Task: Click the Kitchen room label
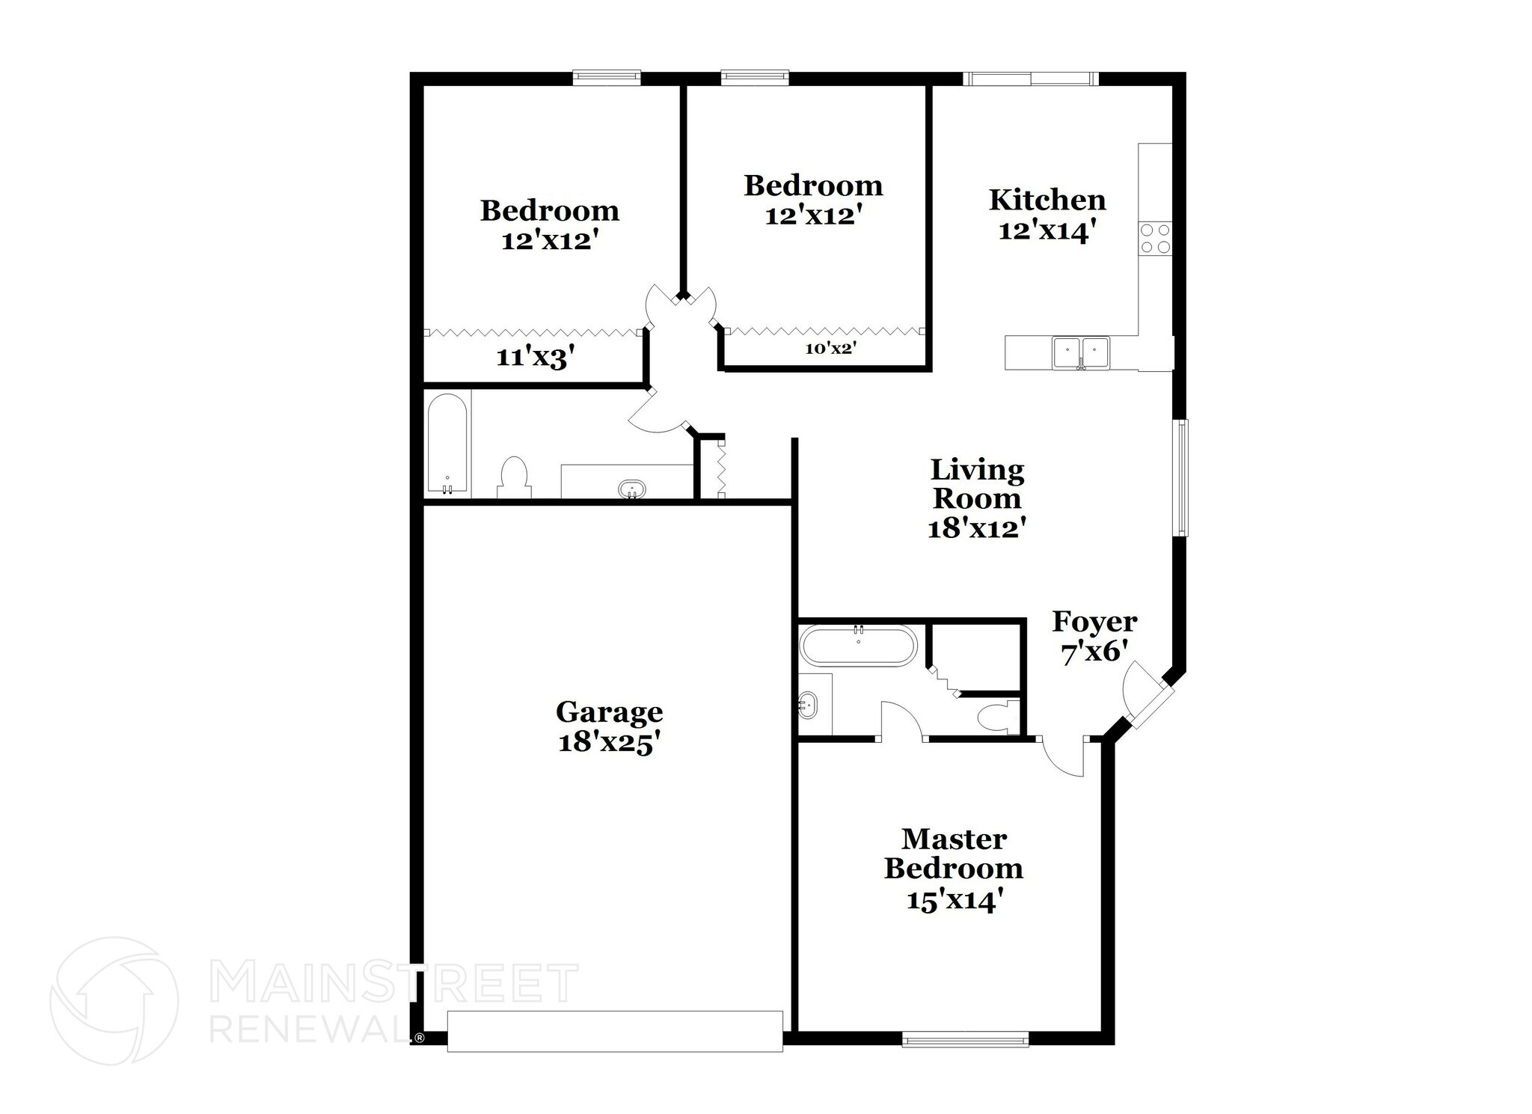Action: tap(1047, 201)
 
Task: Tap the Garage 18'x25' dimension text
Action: tap(610, 743)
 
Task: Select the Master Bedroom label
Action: tap(954, 854)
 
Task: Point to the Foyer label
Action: tap(1094, 622)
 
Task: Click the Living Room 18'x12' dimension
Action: tap(976, 529)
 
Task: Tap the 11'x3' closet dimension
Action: tap(535, 358)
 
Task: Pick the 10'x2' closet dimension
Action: tap(830, 348)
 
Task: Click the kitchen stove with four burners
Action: tap(1154, 239)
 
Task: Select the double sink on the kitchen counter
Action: tap(1080, 353)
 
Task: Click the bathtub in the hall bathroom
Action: tap(447, 444)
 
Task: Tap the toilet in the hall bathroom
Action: tap(514, 477)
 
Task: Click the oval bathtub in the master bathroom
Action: tap(857, 645)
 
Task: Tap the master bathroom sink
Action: tap(808, 705)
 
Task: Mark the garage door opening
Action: tap(614, 1031)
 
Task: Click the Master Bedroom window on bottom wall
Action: tap(965, 1038)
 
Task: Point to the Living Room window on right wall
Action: tap(1182, 477)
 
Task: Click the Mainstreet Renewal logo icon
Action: tap(114, 1001)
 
